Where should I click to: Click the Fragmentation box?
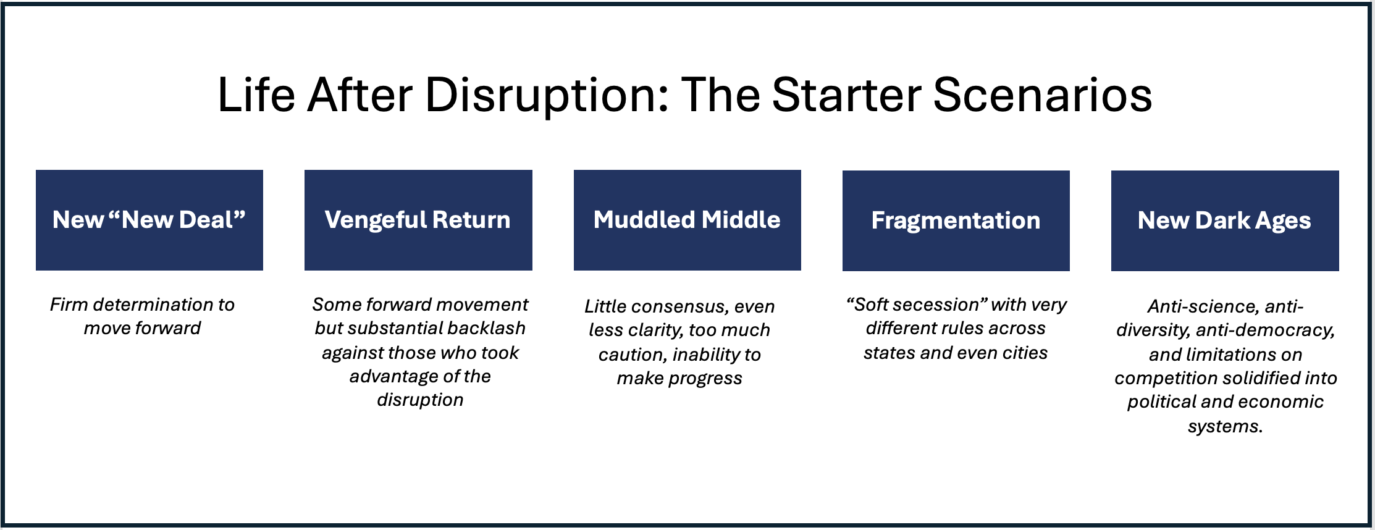click(956, 221)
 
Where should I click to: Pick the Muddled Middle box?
click(688, 220)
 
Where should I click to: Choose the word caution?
click(633, 355)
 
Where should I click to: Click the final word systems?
click(1226, 426)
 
